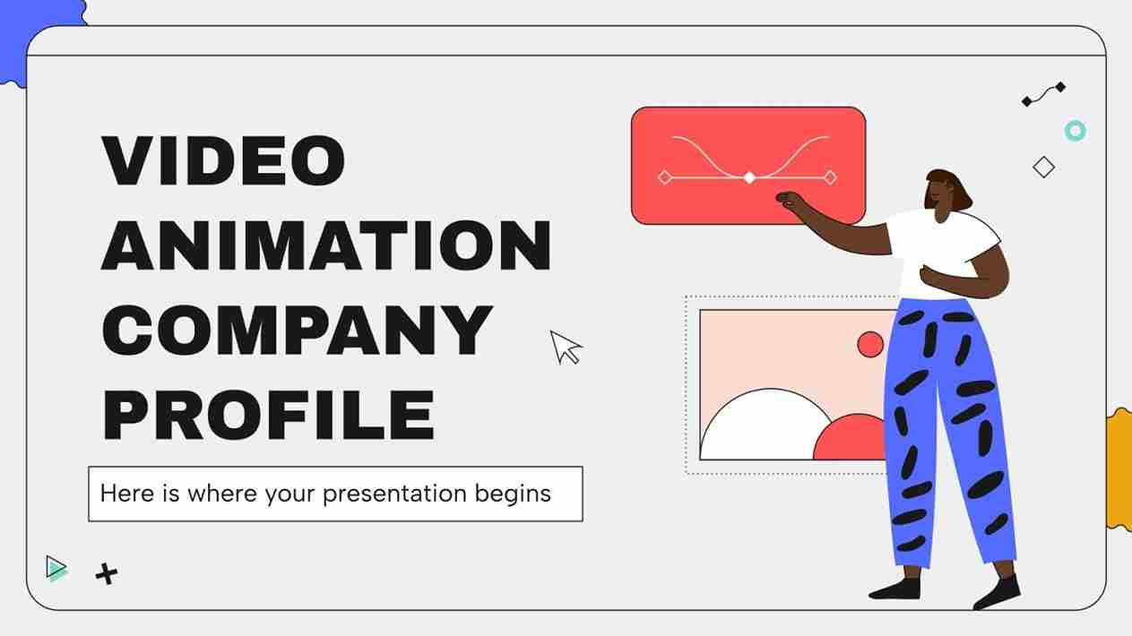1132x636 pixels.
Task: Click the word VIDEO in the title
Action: pyautogui.click(x=223, y=161)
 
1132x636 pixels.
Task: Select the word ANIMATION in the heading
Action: pyautogui.click(x=326, y=245)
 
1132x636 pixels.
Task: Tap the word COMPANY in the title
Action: pyautogui.click(x=297, y=330)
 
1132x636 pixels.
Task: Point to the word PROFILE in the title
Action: pyautogui.click(x=269, y=414)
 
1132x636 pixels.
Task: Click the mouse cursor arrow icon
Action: pyautogui.click(x=565, y=347)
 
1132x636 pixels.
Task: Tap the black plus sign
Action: pyautogui.click(x=107, y=573)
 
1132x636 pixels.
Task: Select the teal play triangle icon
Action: pyautogui.click(x=56, y=568)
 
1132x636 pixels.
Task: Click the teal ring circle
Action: pyautogui.click(x=1075, y=131)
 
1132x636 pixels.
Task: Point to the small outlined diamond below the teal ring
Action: pyautogui.click(x=1043, y=167)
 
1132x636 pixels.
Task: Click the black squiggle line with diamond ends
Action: pyautogui.click(x=1044, y=94)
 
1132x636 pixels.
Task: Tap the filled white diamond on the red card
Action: pyautogui.click(x=749, y=177)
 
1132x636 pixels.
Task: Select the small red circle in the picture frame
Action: pyautogui.click(x=869, y=345)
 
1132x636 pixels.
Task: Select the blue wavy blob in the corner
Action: pyautogui.click(x=36, y=36)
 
